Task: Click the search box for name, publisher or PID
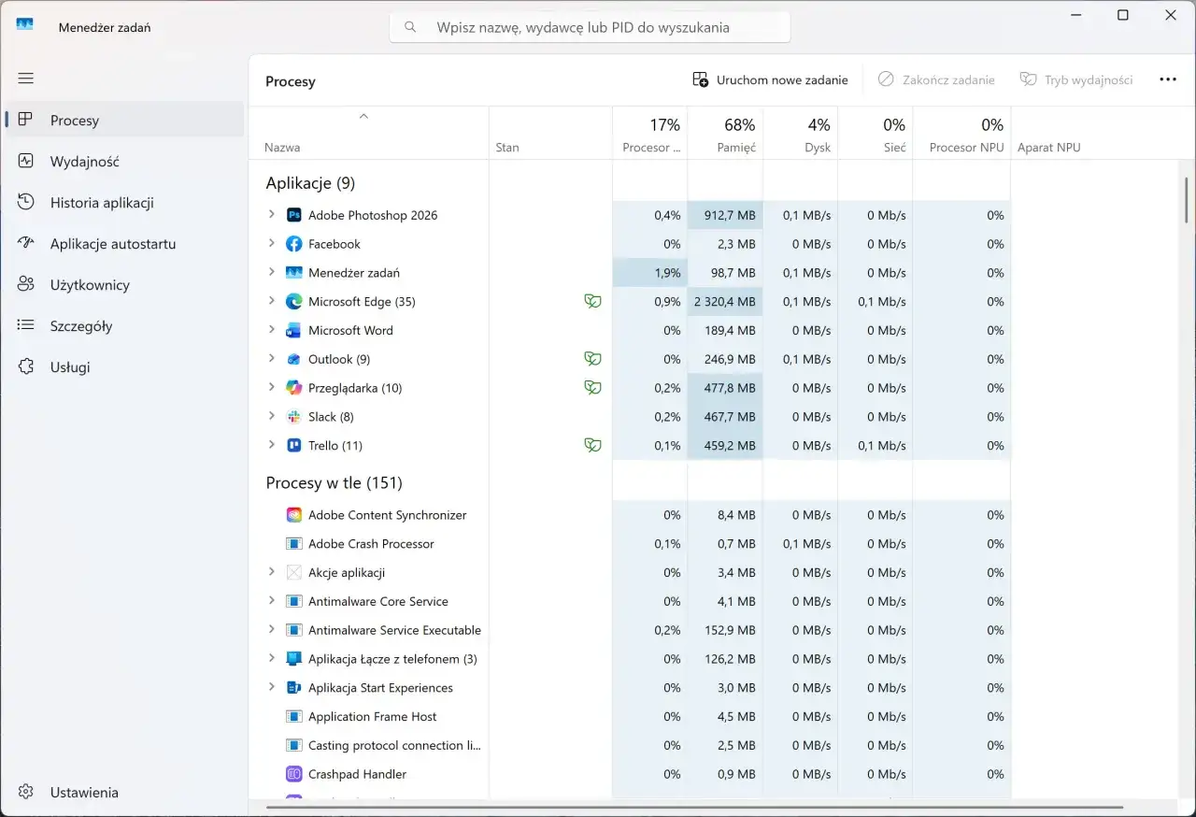pyautogui.click(x=590, y=27)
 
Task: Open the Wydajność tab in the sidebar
pyautogui.click(x=84, y=162)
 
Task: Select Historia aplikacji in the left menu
pyautogui.click(x=102, y=203)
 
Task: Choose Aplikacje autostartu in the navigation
pyautogui.click(x=113, y=243)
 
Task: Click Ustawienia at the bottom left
pyautogui.click(x=84, y=792)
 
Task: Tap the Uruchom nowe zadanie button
pyautogui.click(x=770, y=80)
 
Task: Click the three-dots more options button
pyautogui.click(x=1168, y=79)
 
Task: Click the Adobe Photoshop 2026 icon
pyautogui.click(x=293, y=215)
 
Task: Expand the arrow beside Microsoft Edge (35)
pyautogui.click(x=271, y=301)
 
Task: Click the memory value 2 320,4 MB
pyautogui.click(x=724, y=302)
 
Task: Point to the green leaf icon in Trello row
pyautogui.click(x=592, y=445)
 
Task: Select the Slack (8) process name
pyautogui.click(x=331, y=417)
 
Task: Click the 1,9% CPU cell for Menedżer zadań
pyautogui.click(x=667, y=273)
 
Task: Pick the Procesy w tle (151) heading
pyautogui.click(x=334, y=482)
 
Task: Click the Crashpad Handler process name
pyautogui.click(x=357, y=774)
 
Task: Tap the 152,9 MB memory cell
pyautogui.click(x=730, y=630)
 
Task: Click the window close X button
pyautogui.click(x=1171, y=15)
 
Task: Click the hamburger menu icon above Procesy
pyautogui.click(x=25, y=79)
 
